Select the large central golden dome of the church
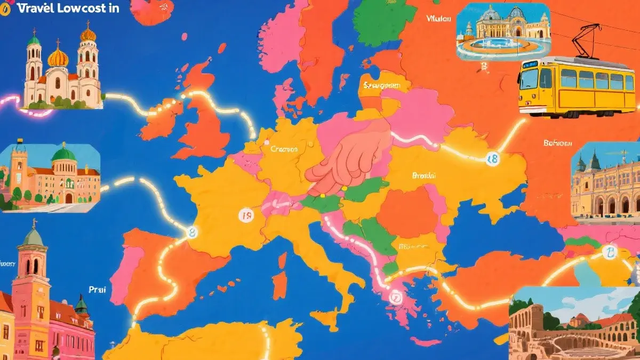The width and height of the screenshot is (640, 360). tap(58, 58)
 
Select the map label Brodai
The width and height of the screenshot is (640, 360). tap(424, 175)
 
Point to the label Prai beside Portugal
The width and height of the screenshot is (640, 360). tap(98, 290)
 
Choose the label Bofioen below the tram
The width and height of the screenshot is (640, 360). tap(557, 143)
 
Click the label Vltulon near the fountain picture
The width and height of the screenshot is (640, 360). tap(439, 18)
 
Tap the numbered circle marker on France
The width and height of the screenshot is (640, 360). tap(245, 215)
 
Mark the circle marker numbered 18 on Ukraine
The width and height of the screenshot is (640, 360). tap(491, 158)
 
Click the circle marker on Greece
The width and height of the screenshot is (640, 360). tap(395, 298)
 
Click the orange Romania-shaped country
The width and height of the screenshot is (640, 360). tap(408, 211)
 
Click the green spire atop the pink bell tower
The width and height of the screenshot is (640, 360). tap(34, 235)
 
